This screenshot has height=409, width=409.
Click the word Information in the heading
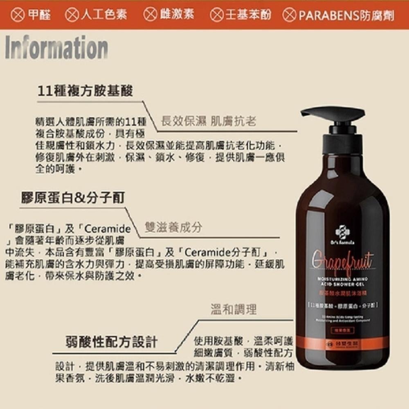[x=56, y=47]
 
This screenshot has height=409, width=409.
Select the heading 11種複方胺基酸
[x=85, y=91]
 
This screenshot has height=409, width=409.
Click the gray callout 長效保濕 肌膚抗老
[x=209, y=121]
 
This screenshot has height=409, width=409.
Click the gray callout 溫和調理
[x=234, y=309]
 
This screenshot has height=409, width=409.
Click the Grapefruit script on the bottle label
[x=343, y=260]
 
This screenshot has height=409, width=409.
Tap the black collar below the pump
[x=342, y=142]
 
